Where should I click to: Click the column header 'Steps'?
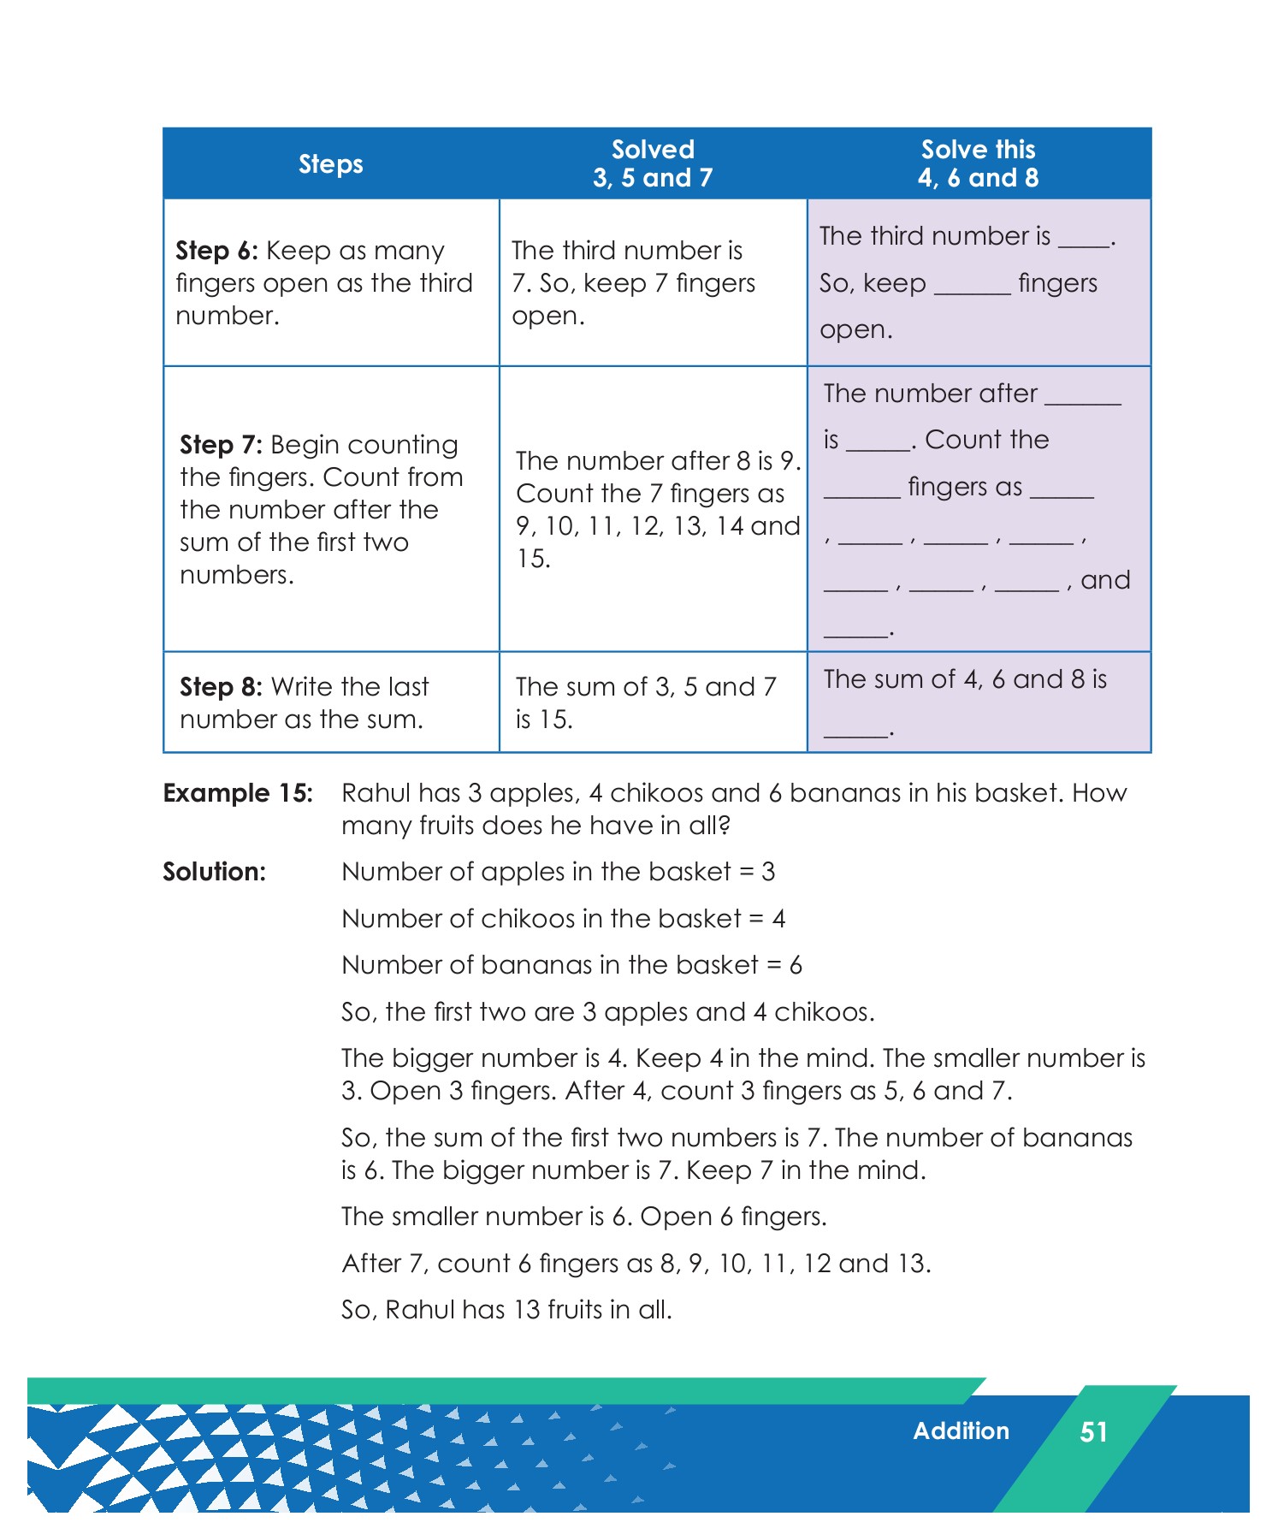coord(330,164)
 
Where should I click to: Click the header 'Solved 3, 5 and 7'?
coord(652,163)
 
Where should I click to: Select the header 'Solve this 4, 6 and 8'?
coord(978,163)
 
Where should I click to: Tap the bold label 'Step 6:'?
coord(216,251)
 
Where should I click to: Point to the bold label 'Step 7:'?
coord(221,445)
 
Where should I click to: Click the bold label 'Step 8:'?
coord(221,687)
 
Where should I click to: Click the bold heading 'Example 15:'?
coord(238,793)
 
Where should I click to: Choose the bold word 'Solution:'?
coord(214,872)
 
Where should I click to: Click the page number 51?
coord(1093,1431)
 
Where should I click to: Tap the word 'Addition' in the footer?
coord(961,1430)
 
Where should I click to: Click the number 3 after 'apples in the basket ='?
coord(768,872)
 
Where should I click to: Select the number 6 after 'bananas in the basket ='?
coord(796,966)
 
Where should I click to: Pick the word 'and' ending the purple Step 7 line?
coord(1105,580)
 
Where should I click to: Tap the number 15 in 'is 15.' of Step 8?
coord(557,720)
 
